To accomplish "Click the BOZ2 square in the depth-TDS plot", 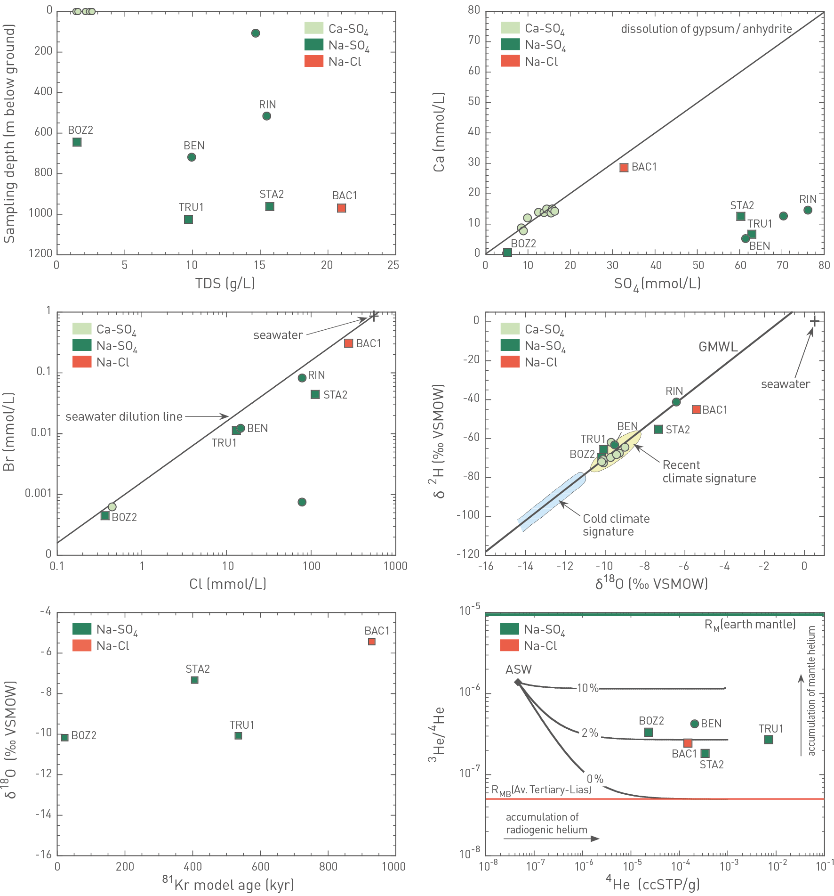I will pyautogui.click(x=77, y=142).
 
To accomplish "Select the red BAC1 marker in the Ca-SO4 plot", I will pyautogui.click(x=624, y=168).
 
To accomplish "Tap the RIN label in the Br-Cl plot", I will pyautogui.click(x=316, y=375).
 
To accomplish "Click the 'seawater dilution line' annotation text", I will pyautogui.click(x=124, y=417).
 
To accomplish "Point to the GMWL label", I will pyautogui.click(x=718, y=347).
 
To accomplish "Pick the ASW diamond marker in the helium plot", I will pyautogui.click(x=518, y=682).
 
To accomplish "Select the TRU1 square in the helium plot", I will pyautogui.click(x=769, y=740).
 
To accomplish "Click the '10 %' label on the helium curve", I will pyautogui.click(x=587, y=688).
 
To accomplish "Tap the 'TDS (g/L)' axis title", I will pyautogui.click(x=225, y=284).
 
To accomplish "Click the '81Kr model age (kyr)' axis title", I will pyautogui.click(x=228, y=885).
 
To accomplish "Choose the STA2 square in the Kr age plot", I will pyautogui.click(x=194, y=680).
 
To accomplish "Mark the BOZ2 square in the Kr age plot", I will pyautogui.click(x=65, y=737).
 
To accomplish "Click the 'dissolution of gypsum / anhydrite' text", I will pyautogui.click(x=706, y=29).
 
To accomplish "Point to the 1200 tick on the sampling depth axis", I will pyautogui.click(x=40, y=253).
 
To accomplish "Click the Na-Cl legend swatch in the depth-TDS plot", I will pyautogui.click(x=314, y=61).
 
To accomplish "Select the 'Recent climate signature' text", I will pyautogui.click(x=709, y=472).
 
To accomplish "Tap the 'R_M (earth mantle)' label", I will pyautogui.click(x=750, y=625).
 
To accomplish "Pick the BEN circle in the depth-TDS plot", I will pyautogui.click(x=192, y=157).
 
